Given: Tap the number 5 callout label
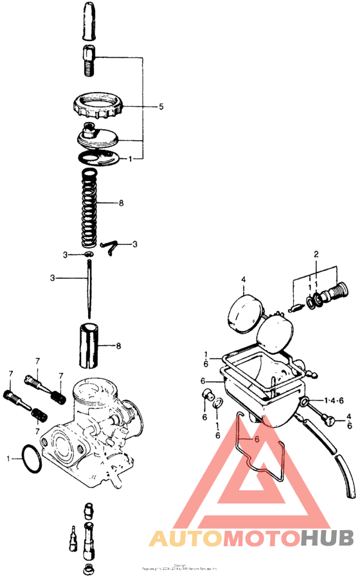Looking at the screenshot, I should point(161,105).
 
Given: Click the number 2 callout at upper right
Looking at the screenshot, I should point(316,254).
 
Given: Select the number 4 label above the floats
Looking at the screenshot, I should point(244,279).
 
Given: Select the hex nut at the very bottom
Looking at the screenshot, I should point(87,568).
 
